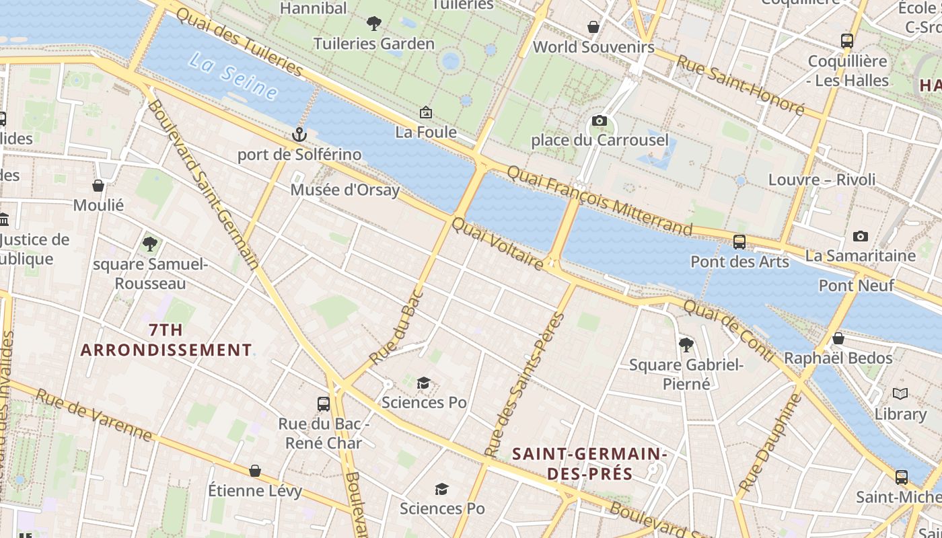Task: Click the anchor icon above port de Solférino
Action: click(x=299, y=134)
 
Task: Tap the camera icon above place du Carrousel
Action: click(x=599, y=121)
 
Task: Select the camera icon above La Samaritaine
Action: click(x=860, y=236)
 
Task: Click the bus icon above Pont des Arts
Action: click(x=739, y=242)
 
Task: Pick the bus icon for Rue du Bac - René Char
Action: click(x=324, y=404)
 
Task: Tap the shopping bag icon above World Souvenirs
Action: click(x=593, y=27)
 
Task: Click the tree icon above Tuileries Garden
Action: click(x=374, y=24)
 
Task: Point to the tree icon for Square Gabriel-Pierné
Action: click(x=686, y=345)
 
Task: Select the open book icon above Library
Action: click(x=900, y=394)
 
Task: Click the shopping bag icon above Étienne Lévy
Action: click(x=255, y=471)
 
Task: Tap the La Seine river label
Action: click(x=233, y=75)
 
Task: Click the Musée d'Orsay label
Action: click(x=345, y=190)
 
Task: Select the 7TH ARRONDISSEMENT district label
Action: click(x=166, y=340)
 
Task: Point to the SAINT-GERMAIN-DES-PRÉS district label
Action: click(x=589, y=463)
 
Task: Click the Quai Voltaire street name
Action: click(x=498, y=244)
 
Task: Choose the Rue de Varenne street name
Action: click(x=94, y=415)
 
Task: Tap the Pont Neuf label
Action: click(x=856, y=285)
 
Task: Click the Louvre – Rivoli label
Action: click(x=822, y=180)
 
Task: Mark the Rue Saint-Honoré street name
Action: click(x=740, y=84)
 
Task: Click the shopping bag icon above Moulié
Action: click(x=98, y=186)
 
